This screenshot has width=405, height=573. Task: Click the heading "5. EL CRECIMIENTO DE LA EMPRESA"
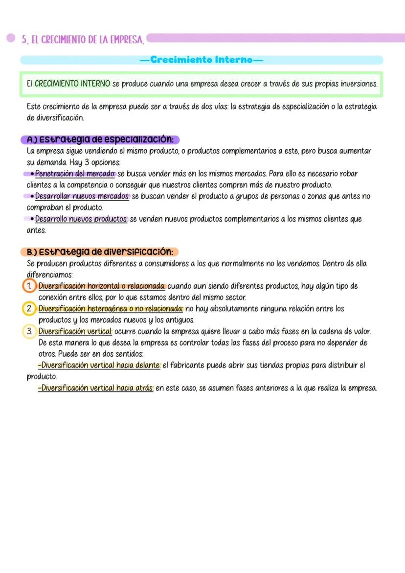point(82,40)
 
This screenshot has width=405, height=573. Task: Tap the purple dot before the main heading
point(11,38)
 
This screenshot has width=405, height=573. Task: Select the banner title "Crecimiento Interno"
point(201,60)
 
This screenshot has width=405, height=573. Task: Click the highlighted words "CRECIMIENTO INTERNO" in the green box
point(72,84)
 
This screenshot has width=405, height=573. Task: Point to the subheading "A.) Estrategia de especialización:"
point(100,139)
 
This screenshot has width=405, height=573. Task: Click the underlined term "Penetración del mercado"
point(75,174)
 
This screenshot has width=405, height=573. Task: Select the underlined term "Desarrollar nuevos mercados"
point(82,196)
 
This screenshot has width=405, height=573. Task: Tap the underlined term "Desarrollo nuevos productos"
point(81,219)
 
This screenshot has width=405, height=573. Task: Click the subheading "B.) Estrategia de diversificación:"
point(100,252)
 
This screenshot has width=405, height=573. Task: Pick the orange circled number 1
point(29,286)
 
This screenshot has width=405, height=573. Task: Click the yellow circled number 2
point(29,309)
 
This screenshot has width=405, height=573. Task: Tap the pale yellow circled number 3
point(29,331)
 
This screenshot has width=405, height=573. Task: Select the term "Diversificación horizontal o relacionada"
point(102,286)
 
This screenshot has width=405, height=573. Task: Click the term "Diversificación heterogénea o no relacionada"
point(111,309)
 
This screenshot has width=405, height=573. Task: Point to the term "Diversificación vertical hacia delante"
point(100,365)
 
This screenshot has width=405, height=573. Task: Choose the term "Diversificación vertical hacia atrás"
point(97,388)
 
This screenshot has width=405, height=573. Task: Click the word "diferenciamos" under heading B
point(49,275)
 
